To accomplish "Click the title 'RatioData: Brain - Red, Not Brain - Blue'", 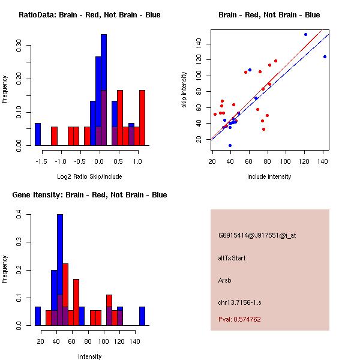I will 89,15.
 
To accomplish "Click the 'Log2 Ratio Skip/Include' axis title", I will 89,176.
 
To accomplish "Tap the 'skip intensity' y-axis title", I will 185,90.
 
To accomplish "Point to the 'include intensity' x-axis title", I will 269,176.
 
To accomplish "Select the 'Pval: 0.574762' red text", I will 239,319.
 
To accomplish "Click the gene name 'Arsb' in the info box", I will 226,280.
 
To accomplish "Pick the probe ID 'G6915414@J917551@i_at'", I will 257,235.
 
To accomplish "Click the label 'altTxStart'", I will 232,258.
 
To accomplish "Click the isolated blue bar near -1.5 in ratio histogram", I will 38,134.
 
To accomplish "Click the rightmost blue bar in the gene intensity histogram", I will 142,316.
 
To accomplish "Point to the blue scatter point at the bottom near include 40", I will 230,145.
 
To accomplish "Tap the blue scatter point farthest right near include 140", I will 325,56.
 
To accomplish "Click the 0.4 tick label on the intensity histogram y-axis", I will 19,214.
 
